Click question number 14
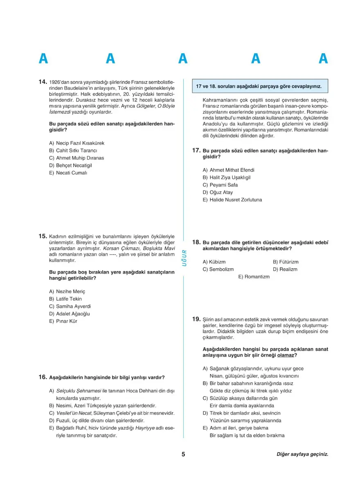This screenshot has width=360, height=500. (43, 82)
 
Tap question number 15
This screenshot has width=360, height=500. (43, 236)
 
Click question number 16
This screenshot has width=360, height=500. (43, 377)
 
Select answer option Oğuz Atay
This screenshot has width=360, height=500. (221, 192)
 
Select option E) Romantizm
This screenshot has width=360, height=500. (254, 277)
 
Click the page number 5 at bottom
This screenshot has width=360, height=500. (184, 454)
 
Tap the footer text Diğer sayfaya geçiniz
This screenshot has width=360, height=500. (302, 454)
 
